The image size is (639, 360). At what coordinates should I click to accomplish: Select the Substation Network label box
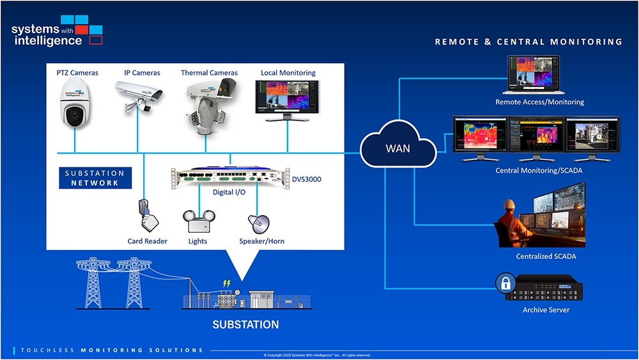[95, 178]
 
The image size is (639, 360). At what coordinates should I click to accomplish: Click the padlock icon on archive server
[505, 284]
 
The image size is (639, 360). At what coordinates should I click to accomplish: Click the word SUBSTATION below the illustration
[245, 325]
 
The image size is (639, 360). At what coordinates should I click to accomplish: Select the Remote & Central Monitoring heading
[528, 42]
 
